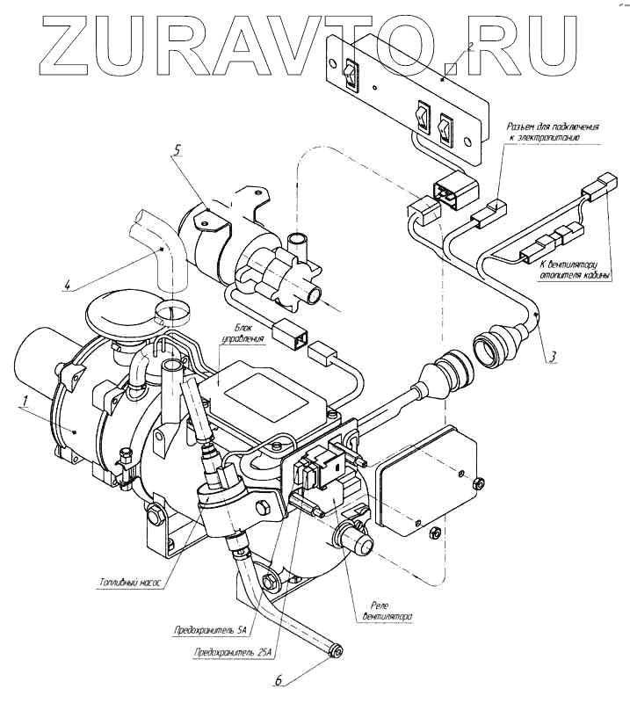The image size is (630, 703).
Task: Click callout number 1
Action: [x=27, y=403]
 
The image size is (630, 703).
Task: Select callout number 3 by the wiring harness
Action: [x=551, y=357]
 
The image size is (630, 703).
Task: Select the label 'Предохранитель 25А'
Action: [x=233, y=652]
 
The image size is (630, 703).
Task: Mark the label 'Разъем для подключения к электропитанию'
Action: [x=555, y=133]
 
